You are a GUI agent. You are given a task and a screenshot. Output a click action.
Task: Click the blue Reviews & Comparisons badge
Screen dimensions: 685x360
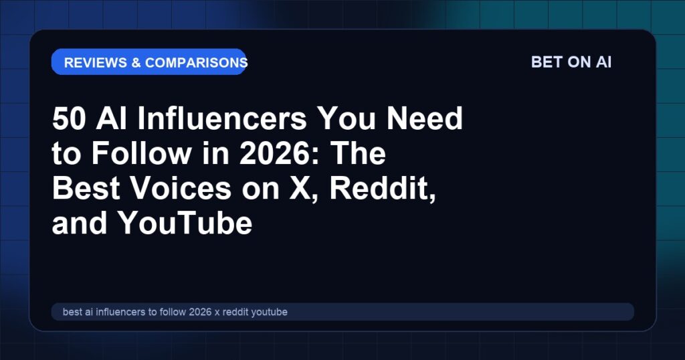149,62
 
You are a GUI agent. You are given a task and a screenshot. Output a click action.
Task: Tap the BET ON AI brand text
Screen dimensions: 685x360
571,62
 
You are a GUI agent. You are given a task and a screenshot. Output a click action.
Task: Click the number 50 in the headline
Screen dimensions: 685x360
69,118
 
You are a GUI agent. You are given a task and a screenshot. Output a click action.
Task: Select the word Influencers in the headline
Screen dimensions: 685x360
222,118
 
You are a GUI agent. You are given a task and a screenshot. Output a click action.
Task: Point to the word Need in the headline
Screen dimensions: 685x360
425,118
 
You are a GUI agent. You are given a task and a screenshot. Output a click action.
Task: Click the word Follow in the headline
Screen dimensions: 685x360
142,153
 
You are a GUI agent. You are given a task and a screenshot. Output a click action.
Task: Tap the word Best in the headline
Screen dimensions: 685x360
86,188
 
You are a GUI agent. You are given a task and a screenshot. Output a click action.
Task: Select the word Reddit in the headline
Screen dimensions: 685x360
382,188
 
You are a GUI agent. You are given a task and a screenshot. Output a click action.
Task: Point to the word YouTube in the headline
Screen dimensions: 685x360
185,223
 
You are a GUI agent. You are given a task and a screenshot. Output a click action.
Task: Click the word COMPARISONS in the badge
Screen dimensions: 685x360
196,62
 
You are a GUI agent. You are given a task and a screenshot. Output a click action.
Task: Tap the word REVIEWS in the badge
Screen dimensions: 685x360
95,62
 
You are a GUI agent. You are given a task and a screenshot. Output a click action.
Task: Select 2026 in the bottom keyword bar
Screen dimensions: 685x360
200,312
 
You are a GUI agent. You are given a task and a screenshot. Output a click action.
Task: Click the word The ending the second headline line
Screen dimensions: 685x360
358,153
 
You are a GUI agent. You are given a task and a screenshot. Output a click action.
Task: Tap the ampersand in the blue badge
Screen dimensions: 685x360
136,62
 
